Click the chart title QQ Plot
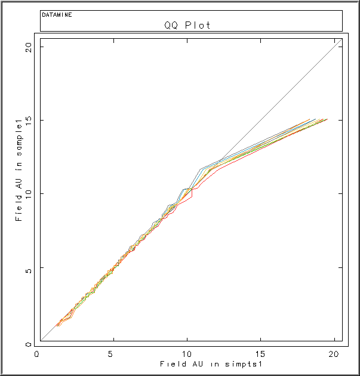[187, 25]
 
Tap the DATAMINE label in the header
[57, 14]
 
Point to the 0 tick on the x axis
[37, 353]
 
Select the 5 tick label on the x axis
[110, 353]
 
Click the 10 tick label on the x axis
[187, 353]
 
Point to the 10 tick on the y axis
[28, 194]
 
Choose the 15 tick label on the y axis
[28, 120]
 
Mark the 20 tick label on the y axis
[28, 46]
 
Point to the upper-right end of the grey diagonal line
[341, 38]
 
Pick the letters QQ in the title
[171, 25]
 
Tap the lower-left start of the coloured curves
[57, 325]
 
